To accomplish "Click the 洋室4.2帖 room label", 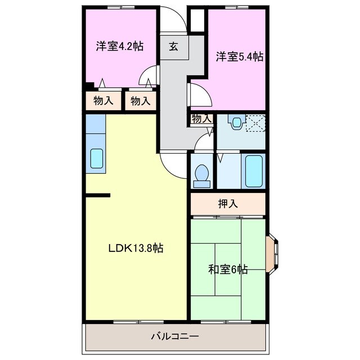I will (119, 46).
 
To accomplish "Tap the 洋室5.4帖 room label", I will (240, 56).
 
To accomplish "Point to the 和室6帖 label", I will (227, 269).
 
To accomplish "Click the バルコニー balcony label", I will (174, 337).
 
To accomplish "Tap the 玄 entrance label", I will (173, 47).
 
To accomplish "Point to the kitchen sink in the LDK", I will (96, 160).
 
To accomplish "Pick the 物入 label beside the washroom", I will (201, 119).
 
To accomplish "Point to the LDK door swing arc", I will (173, 164).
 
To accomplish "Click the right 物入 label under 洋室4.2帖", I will (140, 101).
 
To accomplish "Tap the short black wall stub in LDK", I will (98, 196).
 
